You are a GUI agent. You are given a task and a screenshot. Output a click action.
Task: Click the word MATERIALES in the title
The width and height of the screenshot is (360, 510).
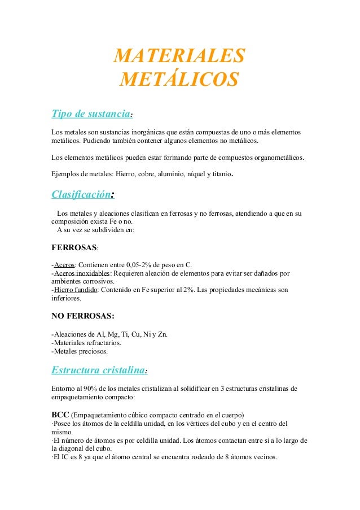coord(179,56)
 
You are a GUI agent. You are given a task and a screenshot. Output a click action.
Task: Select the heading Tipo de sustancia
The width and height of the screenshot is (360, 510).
coord(91,114)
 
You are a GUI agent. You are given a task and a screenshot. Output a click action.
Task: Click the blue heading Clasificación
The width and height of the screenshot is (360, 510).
coord(81,195)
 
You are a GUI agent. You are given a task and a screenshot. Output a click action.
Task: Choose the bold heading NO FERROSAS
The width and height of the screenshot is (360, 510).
coord(82,315)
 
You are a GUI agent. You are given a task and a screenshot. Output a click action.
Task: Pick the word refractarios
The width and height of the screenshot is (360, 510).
coord(106,342)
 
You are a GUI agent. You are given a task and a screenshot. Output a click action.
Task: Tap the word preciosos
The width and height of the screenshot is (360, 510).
coord(91,351)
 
